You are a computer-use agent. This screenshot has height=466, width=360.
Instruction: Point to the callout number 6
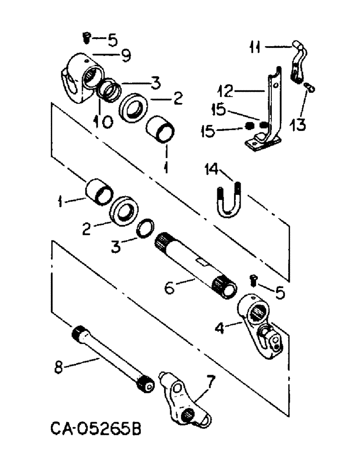click(169, 288)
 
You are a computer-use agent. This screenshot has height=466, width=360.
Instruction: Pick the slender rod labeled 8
click(110, 354)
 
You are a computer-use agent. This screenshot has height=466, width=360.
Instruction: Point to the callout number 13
click(298, 124)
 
